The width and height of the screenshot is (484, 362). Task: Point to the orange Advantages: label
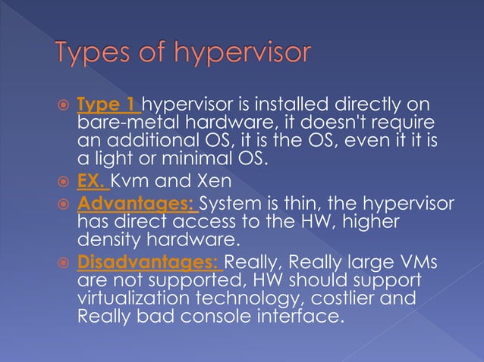136,203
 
